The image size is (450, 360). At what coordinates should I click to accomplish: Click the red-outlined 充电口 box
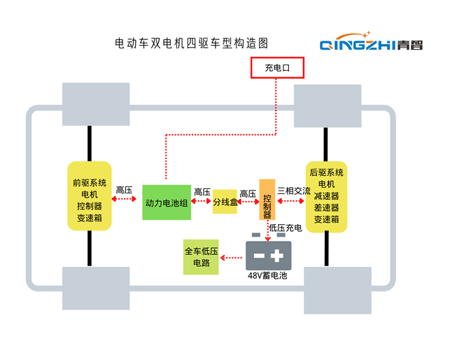276,67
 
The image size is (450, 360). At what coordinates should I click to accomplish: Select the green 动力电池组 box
167,202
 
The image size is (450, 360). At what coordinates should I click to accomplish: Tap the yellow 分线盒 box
225,202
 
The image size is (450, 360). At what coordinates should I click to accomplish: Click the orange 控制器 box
267,199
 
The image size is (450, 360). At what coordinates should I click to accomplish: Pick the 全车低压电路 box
202,256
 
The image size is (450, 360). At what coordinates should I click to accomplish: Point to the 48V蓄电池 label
268,277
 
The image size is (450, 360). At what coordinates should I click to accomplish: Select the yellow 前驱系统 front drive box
90,196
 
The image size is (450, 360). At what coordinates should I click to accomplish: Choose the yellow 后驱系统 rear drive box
326,196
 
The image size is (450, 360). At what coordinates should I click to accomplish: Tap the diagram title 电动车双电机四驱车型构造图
191,43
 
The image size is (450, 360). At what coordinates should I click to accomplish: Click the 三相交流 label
294,191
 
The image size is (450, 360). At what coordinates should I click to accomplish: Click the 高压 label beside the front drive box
124,190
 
